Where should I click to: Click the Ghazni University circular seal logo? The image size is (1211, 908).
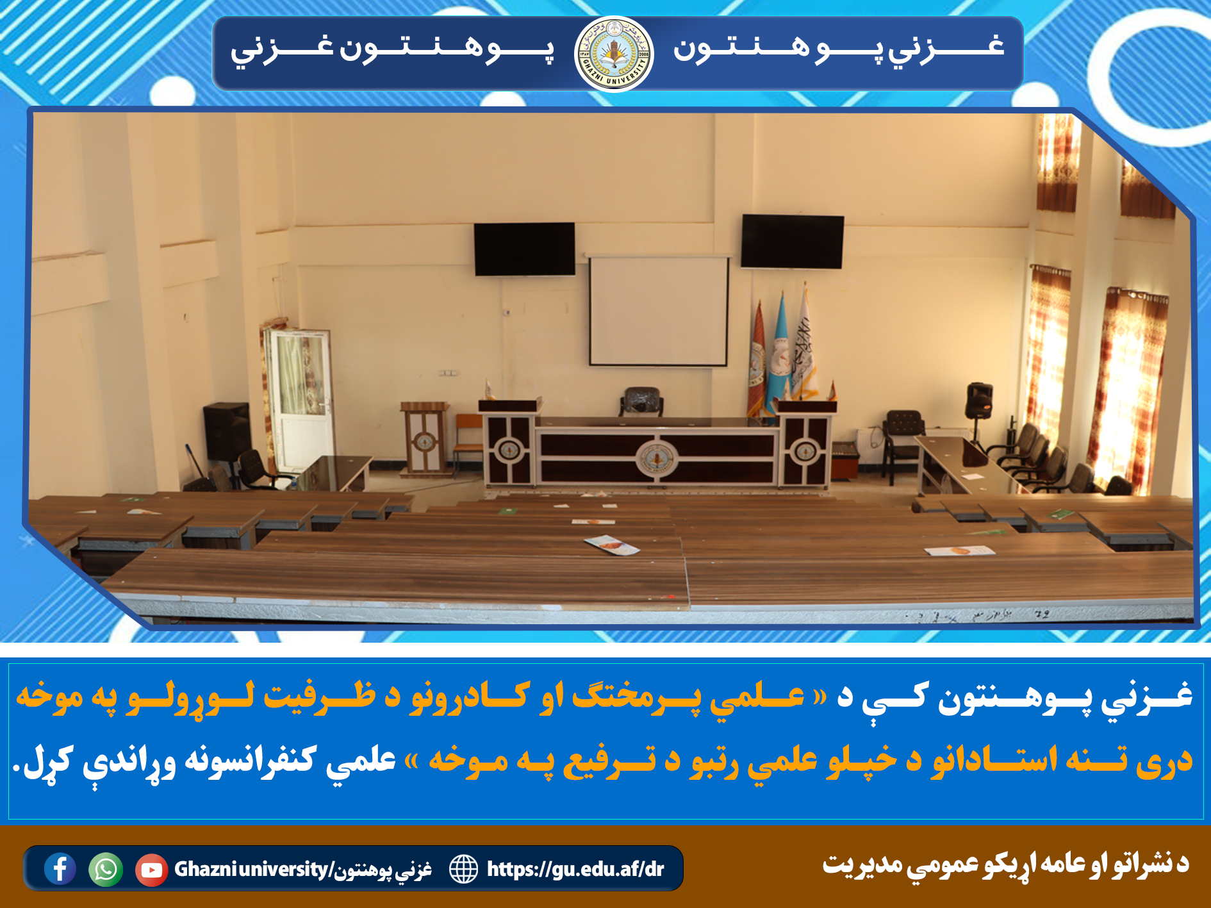pyautogui.click(x=614, y=54)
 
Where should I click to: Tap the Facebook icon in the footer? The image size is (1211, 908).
pyautogui.click(x=60, y=869)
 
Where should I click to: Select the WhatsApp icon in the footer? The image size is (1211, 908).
pyautogui.click(x=106, y=870)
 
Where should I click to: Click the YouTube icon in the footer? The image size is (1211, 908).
pyautogui.click(x=151, y=870)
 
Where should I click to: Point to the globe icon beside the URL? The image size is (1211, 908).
pyautogui.click(x=463, y=869)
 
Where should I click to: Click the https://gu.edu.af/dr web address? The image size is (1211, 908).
pyautogui.click(x=575, y=869)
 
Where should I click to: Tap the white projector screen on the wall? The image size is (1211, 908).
pyautogui.click(x=658, y=311)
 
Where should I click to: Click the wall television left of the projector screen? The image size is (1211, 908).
pyautogui.click(x=524, y=249)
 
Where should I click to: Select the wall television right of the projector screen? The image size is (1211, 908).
pyautogui.click(x=792, y=242)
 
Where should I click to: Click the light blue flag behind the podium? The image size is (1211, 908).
pyautogui.click(x=780, y=349)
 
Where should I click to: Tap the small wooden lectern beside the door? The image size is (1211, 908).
pyautogui.click(x=424, y=439)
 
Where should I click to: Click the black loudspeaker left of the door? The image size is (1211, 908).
pyautogui.click(x=226, y=431)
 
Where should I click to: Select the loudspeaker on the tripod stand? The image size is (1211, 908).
pyautogui.click(x=979, y=400)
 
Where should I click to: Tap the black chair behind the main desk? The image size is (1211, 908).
pyautogui.click(x=641, y=402)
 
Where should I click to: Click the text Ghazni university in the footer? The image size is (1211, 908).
pyautogui.click(x=251, y=870)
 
